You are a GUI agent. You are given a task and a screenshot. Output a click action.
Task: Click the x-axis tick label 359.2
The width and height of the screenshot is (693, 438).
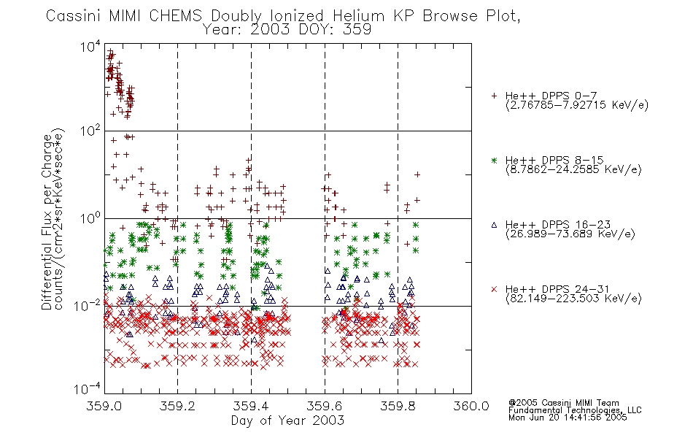click(178, 406)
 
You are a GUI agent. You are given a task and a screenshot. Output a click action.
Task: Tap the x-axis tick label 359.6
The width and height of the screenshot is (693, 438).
click(325, 406)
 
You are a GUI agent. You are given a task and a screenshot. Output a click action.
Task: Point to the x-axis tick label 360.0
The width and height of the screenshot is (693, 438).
click(471, 406)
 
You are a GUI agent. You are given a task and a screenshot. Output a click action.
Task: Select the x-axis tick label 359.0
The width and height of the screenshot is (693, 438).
click(104, 406)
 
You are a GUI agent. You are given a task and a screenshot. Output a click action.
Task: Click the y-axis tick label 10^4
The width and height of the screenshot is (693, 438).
click(90, 46)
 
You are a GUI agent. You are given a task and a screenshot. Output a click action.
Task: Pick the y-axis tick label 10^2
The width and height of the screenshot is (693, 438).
click(90, 131)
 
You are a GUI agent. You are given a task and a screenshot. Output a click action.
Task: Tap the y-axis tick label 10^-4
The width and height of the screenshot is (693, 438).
click(88, 388)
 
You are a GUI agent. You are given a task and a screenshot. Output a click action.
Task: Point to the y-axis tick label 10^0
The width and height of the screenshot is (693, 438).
click(90, 218)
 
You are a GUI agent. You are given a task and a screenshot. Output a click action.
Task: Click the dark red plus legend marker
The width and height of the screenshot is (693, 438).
click(494, 96)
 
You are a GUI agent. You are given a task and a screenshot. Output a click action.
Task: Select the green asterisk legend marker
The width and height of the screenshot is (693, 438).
click(494, 160)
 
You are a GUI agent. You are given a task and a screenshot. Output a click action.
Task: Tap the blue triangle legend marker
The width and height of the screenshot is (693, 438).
click(494, 225)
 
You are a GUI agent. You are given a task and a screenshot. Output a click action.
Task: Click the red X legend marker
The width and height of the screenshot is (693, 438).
click(494, 289)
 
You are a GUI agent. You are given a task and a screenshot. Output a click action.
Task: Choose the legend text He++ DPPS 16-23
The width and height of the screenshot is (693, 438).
click(558, 225)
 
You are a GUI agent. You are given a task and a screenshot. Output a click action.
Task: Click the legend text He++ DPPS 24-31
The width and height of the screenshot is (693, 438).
click(558, 289)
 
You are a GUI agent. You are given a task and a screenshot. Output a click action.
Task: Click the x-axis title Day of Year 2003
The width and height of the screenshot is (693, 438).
click(287, 420)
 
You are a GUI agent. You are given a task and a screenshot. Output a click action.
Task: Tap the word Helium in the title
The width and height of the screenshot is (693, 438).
click(358, 16)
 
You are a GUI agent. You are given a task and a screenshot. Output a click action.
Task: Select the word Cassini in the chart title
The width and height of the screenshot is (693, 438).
click(74, 16)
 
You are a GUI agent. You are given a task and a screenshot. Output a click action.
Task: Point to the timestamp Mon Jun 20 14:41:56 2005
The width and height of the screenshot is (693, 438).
click(568, 418)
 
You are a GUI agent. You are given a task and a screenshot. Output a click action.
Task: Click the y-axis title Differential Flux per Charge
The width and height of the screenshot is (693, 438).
click(47, 221)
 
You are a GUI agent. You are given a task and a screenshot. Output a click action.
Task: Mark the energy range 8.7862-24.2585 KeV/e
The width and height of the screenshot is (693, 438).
click(573, 169)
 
